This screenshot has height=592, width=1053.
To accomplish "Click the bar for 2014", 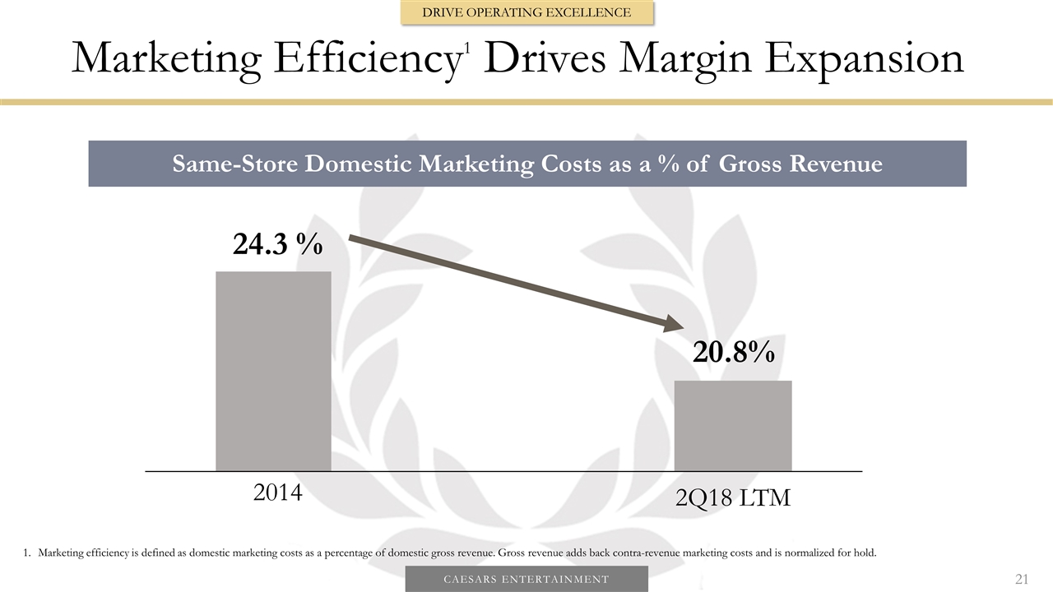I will [x=273, y=371].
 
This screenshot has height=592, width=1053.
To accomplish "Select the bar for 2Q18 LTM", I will [x=733, y=425].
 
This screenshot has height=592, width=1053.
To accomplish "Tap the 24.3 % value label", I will [x=277, y=243].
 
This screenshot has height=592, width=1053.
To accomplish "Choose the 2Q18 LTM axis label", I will [x=732, y=497].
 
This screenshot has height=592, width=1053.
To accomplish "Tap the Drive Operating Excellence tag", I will [x=526, y=12].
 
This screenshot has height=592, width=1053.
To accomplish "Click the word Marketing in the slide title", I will [x=167, y=59].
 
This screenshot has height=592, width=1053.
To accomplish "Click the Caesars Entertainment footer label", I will [x=526, y=580].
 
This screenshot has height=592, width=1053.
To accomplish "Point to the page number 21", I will [x=1021, y=580].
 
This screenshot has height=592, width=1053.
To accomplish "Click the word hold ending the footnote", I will [x=865, y=552].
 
